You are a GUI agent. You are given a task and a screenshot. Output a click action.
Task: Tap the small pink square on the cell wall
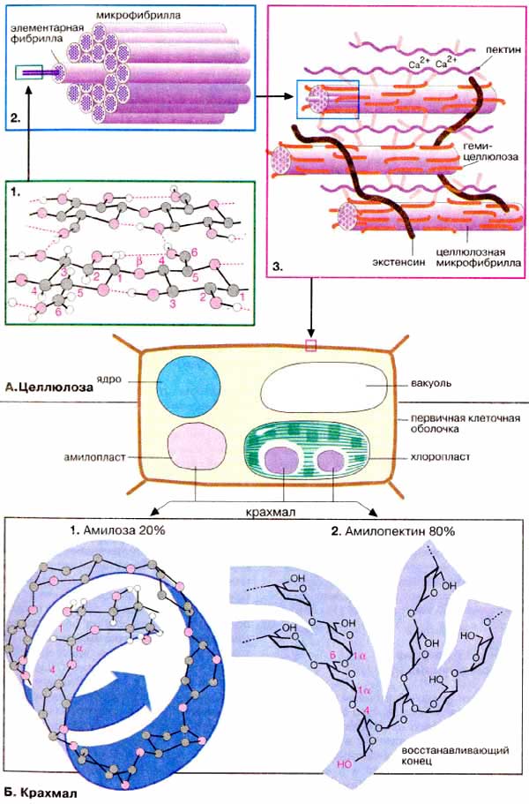click(x=310, y=344)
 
